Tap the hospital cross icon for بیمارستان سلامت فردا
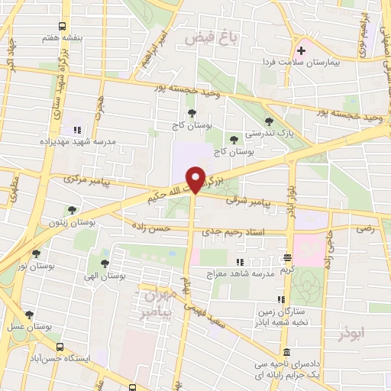[x=302, y=51]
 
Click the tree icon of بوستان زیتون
[x=71, y=210]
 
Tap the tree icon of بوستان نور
[x=36, y=254]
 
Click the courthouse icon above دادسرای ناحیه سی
[x=286, y=352]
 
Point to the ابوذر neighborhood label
[x=352, y=334]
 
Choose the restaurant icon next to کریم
[x=287, y=257]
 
